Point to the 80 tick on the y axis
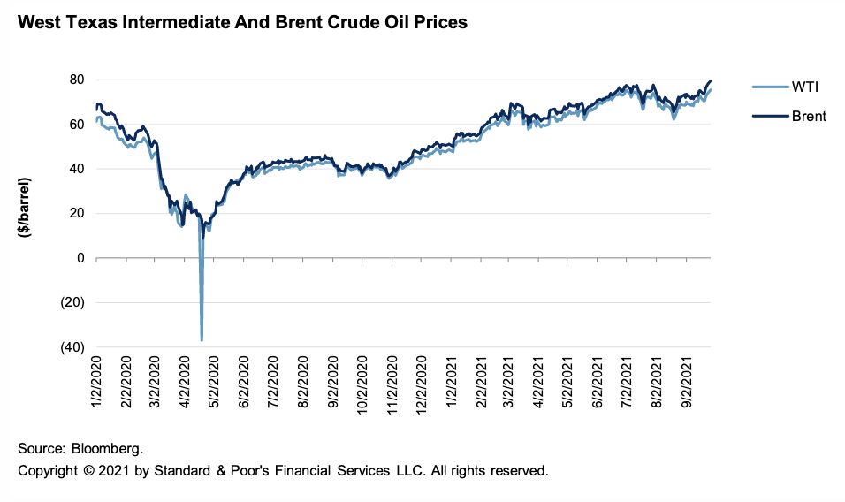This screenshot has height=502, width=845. [76, 80]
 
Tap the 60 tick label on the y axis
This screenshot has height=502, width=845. [76, 125]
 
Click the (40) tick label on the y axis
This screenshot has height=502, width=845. [72, 347]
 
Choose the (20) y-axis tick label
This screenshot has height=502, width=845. [72, 302]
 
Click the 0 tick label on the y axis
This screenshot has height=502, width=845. [80, 258]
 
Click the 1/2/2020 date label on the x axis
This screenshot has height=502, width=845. [96, 383]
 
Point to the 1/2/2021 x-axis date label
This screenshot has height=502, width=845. [453, 383]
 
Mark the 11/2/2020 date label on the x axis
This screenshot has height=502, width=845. [393, 383]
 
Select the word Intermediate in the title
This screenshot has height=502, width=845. [188, 23]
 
